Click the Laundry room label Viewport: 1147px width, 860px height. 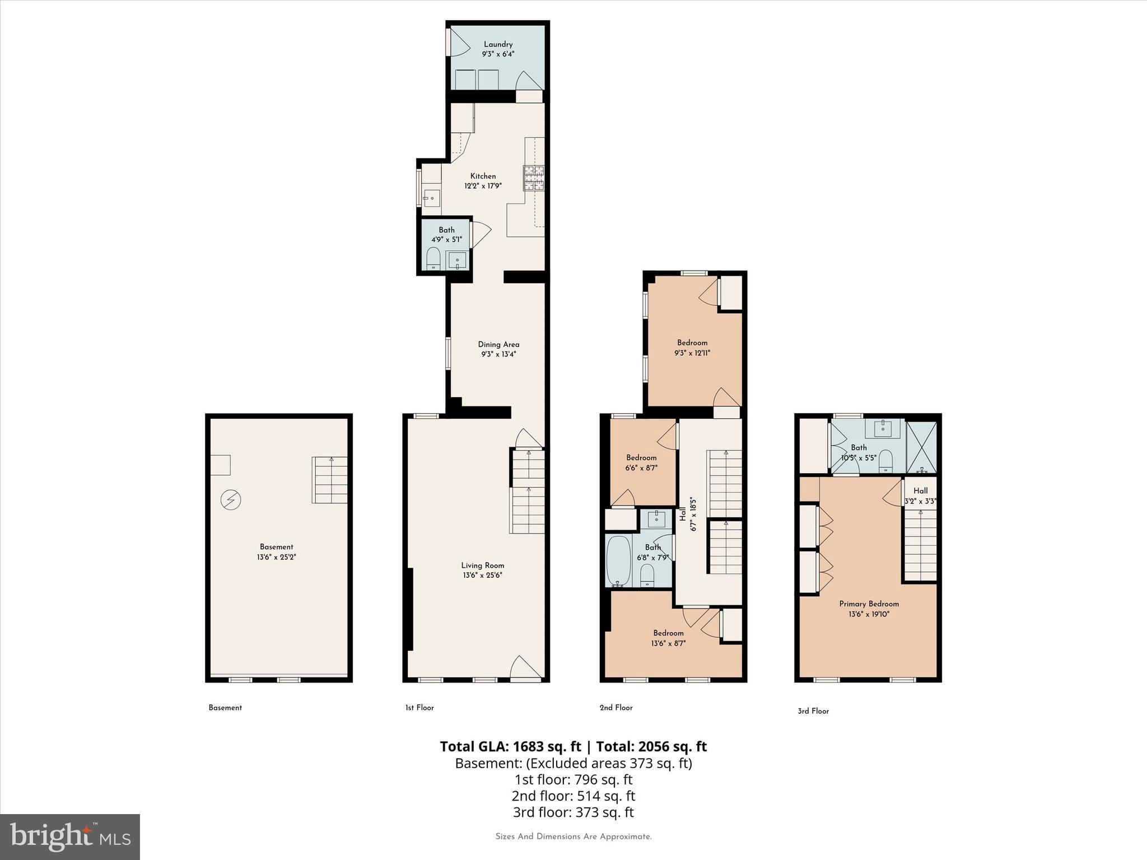point(498,44)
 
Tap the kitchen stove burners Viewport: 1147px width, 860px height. point(534,178)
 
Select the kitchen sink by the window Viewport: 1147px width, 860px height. point(432,197)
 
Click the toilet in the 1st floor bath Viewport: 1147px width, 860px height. point(433,259)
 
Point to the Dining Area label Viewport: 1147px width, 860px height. point(498,344)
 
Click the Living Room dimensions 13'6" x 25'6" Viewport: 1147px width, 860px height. point(482,575)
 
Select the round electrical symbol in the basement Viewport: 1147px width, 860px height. point(231,499)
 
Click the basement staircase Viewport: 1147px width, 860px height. point(330,480)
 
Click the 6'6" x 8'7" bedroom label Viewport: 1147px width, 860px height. point(641,462)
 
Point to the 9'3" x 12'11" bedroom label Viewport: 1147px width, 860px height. point(692,348)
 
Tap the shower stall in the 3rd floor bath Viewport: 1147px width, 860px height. point(921,447)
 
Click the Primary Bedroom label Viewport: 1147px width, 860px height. point(869,604)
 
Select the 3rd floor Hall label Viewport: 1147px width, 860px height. point(920,490)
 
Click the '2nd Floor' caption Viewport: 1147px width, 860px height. point(616,708)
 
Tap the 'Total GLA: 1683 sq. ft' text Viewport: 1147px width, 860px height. point(510,746)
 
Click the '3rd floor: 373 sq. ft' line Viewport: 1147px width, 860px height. point(573,812)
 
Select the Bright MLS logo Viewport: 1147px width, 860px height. point(70,837)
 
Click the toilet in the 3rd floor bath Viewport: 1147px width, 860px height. point(885,459)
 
